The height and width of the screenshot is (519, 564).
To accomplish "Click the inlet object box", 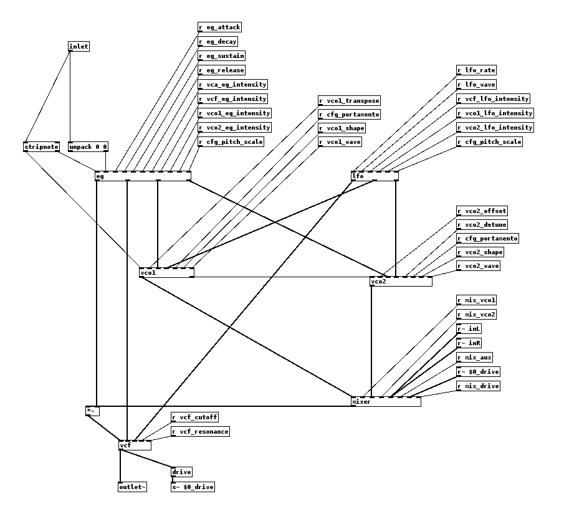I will click(x=79, y=46).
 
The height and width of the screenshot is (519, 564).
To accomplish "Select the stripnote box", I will click(x=41, y=147).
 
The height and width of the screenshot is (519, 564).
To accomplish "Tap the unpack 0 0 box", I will click(x=88, y=147).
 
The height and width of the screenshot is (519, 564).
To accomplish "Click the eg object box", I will click(x=143, y=176).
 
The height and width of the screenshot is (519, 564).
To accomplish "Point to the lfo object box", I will click(x=375, y=176).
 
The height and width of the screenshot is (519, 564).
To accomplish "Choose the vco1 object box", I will click(x=166, y=272).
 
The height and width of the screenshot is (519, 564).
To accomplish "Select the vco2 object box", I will click(x=401, y=282).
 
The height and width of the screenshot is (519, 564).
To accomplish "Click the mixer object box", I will click(x=386, y=402).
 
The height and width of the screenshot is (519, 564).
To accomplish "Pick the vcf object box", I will click(x=135, y=445).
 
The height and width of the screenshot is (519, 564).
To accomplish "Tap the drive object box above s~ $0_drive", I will click(x=181, y=472).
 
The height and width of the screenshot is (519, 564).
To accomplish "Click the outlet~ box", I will click(x=132, y=487).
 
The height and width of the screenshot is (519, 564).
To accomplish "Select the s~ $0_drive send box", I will click(x=193, y=487).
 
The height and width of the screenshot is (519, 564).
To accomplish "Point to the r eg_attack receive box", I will click(x=219, y=27).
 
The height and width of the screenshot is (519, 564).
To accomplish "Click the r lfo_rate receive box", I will click(x=477, y=70).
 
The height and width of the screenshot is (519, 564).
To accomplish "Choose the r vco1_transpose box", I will click(x=349, y=101).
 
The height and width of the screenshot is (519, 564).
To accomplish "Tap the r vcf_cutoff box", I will click(x=195, y=417).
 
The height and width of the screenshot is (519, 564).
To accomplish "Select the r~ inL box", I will click(x=469, y=329).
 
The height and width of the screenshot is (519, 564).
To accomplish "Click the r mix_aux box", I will click(x=475, y=358).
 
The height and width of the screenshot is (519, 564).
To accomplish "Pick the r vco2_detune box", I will click(x=482, y=225).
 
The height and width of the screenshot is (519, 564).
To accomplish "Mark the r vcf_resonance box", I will click(x=200, y=432).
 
